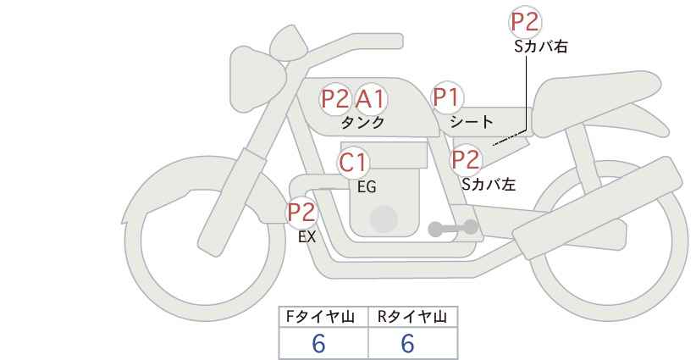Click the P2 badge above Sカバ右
point(525,22)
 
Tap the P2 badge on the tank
point(335,98)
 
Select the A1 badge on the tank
point(370,98)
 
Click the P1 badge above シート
point(447,97)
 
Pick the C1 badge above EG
point(353,163)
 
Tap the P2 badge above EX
point(302,212)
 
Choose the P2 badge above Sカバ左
point(466,160)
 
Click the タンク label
point(362,123)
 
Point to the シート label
point(472,121)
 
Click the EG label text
point(367,187)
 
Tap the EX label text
point(307,237)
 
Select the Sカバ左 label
point(489,184)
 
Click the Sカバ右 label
point(541,47)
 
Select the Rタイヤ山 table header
point(412,317)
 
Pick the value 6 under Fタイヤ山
point(318,343)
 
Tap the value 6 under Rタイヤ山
point(407,343)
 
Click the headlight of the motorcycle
point(257,80)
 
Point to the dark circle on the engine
point(384,219)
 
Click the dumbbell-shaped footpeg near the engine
point(453,228)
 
